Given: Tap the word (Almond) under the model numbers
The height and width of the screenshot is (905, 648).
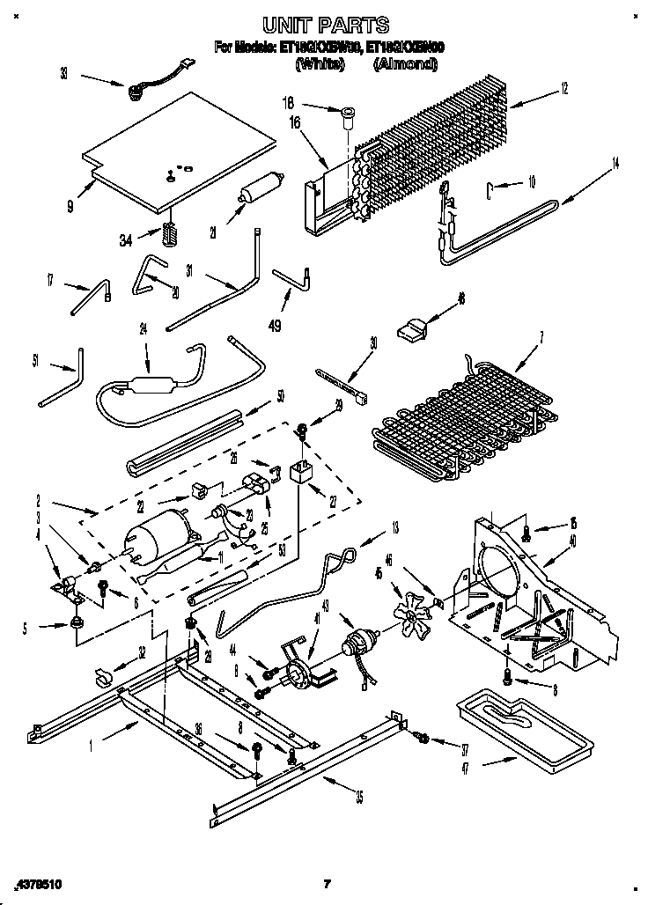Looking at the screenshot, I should point(405,63).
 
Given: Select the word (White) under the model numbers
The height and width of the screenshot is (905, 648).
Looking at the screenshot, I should point(320,63).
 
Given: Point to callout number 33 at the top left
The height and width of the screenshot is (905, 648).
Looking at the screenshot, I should point(63,75).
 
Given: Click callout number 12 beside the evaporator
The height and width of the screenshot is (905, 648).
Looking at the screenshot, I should point(563,87).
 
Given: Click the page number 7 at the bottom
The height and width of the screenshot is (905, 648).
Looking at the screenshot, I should point(326,883).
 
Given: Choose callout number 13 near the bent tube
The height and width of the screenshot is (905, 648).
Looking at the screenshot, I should point(394,527).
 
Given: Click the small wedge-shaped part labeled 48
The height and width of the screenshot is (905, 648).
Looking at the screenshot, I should point(412,329).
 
